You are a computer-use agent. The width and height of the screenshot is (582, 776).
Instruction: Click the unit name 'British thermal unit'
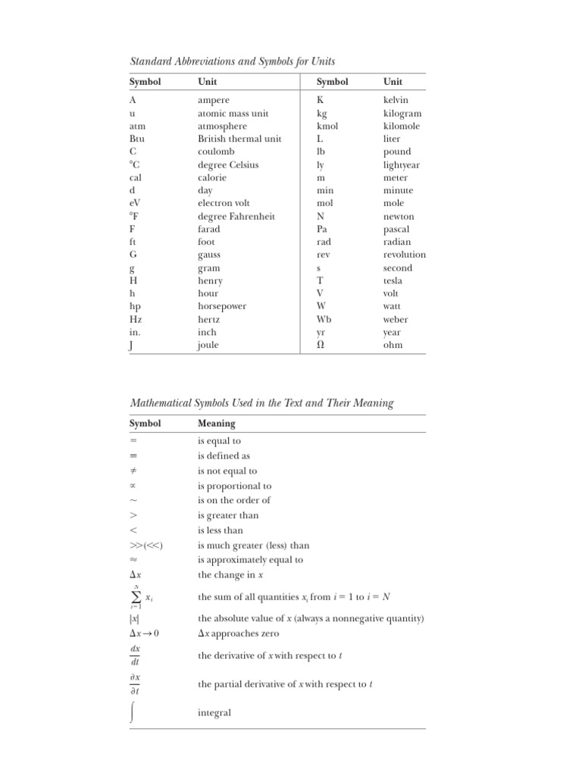[x=239, y=139]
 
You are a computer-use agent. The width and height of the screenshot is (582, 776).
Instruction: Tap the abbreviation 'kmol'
[x=327, y=127]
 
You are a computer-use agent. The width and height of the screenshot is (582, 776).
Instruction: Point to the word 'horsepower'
[x=221, y=306]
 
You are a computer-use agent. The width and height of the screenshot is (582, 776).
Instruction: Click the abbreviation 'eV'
[x=136, y=203]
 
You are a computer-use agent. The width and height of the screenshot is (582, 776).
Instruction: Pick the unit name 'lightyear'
[x=402, y=164]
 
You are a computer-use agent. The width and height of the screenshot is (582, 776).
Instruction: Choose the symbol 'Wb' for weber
[x=324, y=319]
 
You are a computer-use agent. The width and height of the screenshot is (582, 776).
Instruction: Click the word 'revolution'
[x=404, y=255]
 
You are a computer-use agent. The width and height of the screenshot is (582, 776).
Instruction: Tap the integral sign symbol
[x=134, y=712]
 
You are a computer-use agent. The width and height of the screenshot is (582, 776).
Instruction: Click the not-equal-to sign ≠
[x=133, y=471]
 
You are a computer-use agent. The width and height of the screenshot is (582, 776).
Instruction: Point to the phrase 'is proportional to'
[x=234, y=486]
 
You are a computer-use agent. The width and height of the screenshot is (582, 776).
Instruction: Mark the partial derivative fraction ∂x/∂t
[x=136, y=684]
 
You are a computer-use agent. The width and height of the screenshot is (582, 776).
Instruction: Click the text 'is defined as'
[x=224, y=456]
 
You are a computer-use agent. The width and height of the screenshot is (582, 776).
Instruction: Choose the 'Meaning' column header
[x=216, y=423]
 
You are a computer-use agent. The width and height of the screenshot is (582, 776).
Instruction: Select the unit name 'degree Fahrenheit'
[x=236, y=216]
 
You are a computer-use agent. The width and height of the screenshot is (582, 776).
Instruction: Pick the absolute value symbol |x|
[x=134, y=618]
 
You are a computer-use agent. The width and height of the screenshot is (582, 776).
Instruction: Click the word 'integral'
[x=214, y=712]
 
